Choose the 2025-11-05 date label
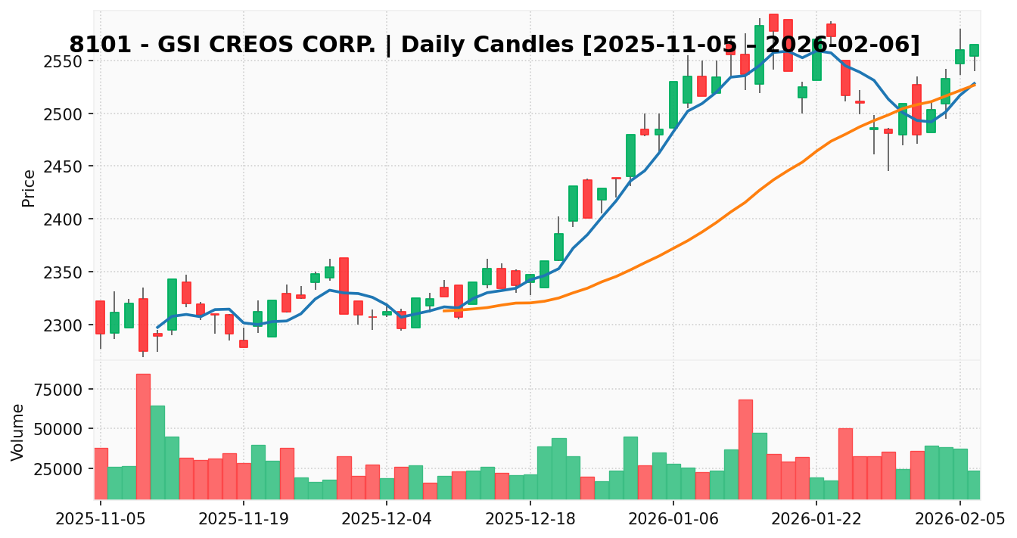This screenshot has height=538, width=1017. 100,519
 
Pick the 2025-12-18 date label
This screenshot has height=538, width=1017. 530,519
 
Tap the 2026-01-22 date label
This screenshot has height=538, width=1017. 816,519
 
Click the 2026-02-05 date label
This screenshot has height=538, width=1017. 959,519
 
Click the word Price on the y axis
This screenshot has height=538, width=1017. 29,188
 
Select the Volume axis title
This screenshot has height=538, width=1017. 18,431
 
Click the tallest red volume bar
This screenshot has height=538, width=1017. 143,436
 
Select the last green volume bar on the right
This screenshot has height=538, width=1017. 974,484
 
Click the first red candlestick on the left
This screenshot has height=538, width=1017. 100,317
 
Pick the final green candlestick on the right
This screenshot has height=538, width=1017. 974,50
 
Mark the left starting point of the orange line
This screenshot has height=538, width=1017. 444,311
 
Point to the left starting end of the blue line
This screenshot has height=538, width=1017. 157,328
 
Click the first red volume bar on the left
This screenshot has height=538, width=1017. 100,473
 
